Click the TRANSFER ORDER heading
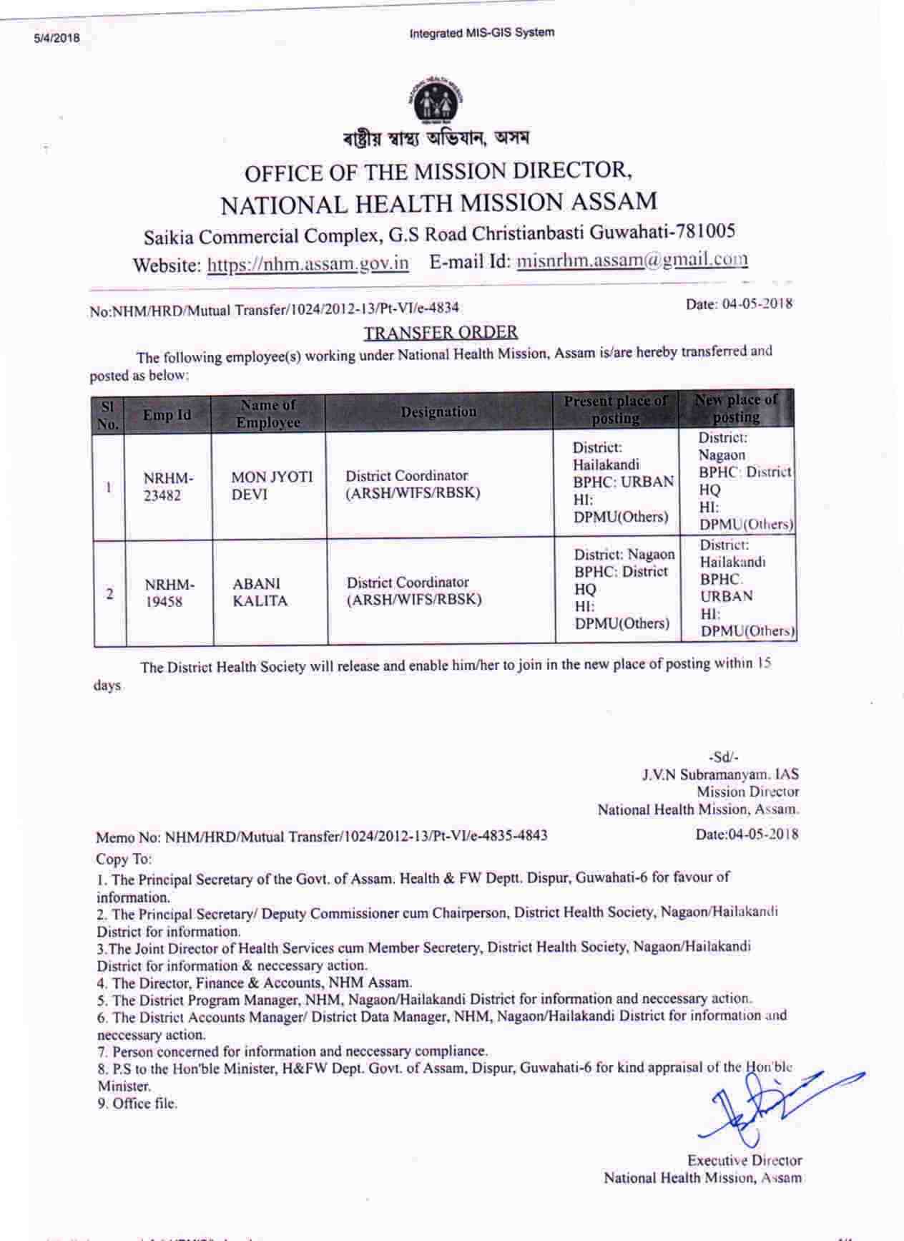click(441, 333)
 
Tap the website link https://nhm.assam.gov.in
click(308, 263)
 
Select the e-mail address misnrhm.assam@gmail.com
click(632, 260)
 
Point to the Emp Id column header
click(167, 414)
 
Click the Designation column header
click(438, 412)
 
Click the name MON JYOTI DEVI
click(272, 486)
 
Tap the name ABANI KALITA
click(260, 593)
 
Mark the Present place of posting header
click(616, 409)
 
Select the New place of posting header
click(736, 408)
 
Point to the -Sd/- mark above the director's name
click(723, 756)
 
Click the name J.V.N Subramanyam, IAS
click(719, 774)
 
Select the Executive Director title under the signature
click(744, 1160)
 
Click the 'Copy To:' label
click(124, 859)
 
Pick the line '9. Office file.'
click(137, 1104)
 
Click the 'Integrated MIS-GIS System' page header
click(481, 33)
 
